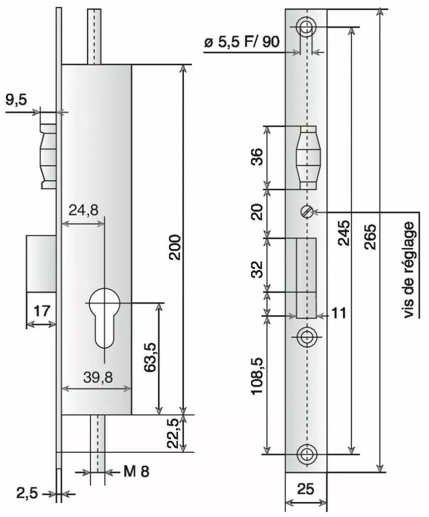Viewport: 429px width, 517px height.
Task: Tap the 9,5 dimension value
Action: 16,100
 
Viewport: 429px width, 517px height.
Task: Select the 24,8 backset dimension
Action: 84,211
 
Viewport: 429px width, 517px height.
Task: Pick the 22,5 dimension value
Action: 174,433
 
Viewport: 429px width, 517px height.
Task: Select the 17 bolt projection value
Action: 42,310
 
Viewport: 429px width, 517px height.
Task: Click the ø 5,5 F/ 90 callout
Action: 241,42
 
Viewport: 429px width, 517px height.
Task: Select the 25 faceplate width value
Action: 305,489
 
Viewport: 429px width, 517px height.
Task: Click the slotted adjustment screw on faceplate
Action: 305,212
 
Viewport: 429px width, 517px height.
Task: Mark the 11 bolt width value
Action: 339,314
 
